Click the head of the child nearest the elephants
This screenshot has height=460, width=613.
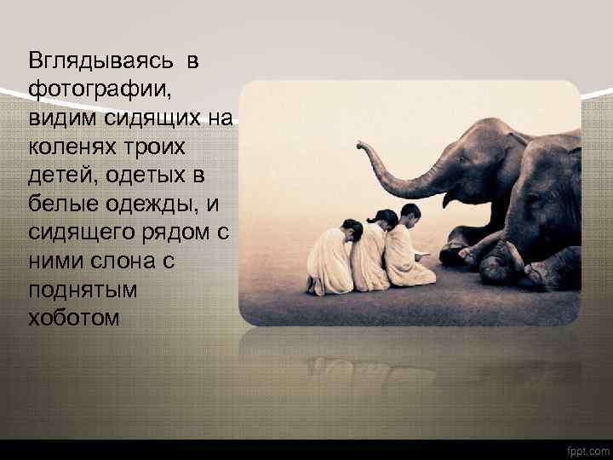[410, 213]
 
